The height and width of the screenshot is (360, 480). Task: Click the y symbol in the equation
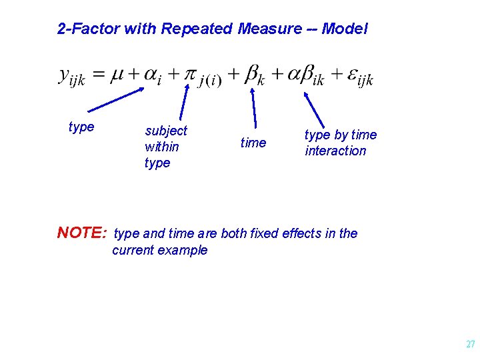click(x=65, y=75)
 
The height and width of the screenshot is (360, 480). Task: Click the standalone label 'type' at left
click(x=81, y=127)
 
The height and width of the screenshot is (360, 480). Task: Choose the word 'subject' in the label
click(x=166, y=131)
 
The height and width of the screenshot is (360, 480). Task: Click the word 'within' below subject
click(x=161, y=147)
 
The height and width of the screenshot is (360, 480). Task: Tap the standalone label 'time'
click(x=253, y=143)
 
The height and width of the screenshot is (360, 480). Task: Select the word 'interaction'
click(x=335, y=151)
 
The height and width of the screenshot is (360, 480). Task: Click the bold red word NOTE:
click(x=82, y=233)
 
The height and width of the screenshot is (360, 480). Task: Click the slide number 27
click(x=470, y=345)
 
